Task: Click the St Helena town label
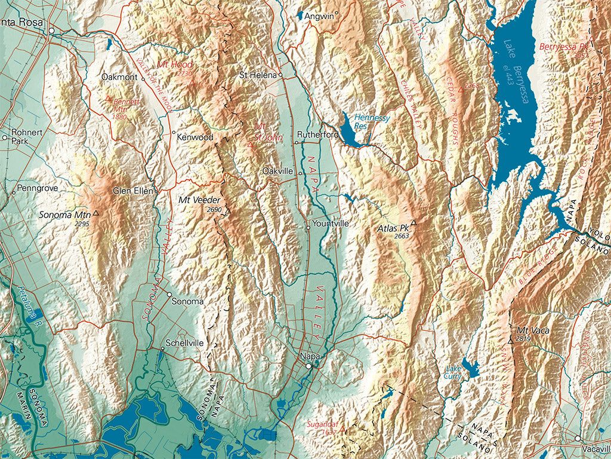258,75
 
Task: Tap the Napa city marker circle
308,366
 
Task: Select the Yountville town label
331,224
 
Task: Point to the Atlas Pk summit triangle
413,222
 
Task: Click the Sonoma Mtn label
64,214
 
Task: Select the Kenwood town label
195,137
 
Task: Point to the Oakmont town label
119,77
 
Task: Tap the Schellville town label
185,343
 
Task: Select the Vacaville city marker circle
578,438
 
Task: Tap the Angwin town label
319,16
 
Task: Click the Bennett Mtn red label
126,105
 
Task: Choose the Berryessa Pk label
564,46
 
